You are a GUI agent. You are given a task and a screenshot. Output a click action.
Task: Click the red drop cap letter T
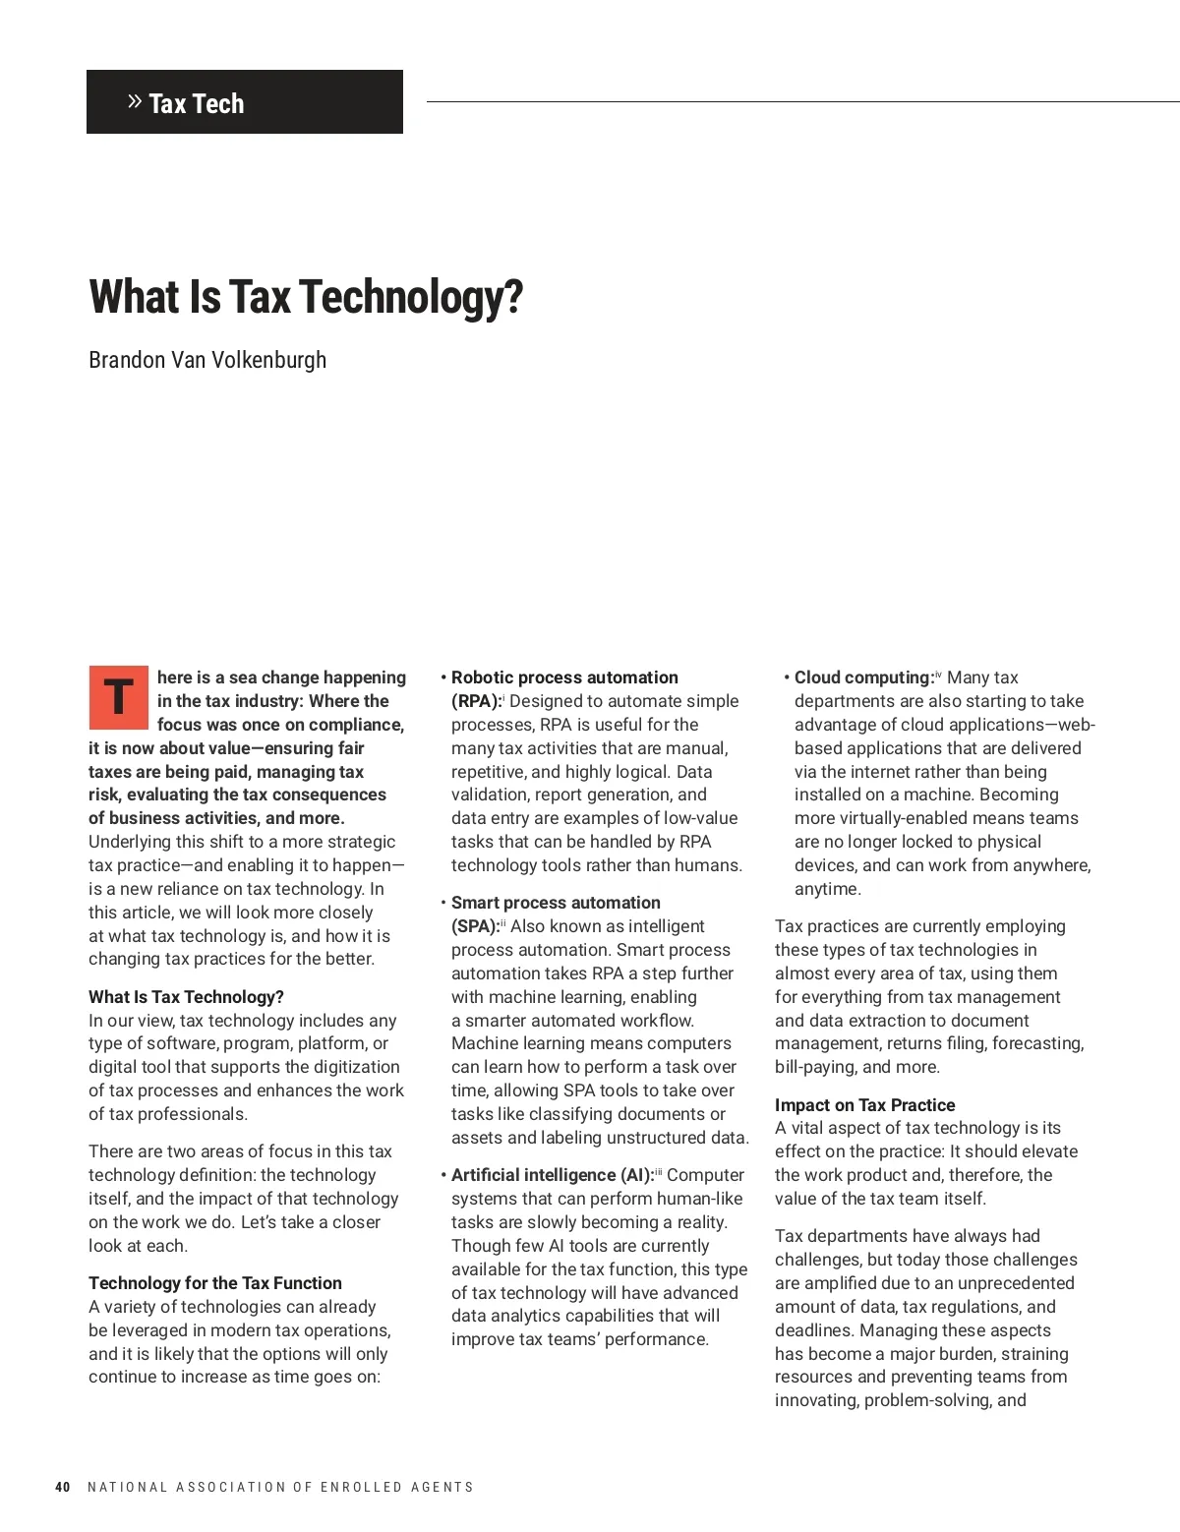click(x=119, y=697)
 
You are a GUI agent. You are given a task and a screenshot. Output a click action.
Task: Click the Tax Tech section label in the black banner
click(x=196, y=103)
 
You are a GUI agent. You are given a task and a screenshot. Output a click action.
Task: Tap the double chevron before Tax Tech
click(x=136, y=101)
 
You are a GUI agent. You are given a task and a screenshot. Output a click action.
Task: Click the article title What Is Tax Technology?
click(x=306, y=296)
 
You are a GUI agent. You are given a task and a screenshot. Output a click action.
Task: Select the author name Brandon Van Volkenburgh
click(x=207, y=360)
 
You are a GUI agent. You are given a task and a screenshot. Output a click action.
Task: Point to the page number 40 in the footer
click(x=63, y=1487)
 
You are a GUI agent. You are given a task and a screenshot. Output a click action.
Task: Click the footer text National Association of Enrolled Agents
click(x=280, y=1487)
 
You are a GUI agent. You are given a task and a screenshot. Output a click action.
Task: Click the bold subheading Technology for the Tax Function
click(x=215, y=1283)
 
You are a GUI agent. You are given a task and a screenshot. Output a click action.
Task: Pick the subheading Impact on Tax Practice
click(x=864, y=1105)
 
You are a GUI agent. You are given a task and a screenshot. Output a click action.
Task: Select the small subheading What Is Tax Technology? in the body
click(x=186, y=997)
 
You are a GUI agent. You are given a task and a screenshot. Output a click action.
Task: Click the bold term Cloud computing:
click(x=863, y=678)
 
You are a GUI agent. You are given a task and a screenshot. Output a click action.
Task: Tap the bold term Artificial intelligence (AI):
click(x=552, y=1175)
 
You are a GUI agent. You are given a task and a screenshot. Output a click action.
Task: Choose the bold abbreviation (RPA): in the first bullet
click(x=476, y=701)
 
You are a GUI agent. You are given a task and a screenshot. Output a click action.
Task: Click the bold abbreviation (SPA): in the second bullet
click(x=475, y=926)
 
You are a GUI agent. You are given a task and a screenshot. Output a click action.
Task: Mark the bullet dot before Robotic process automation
click(x=443, y=678)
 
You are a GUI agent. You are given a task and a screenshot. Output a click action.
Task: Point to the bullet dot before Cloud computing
click(x=787, y=678)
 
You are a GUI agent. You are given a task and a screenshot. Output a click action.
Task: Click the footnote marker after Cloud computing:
click(x=938, y=674)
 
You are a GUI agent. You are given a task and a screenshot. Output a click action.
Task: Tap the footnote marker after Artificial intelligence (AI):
click(x=659, y=1171)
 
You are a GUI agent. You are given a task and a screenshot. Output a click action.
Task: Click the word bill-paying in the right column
click(x=815, y=1067)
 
